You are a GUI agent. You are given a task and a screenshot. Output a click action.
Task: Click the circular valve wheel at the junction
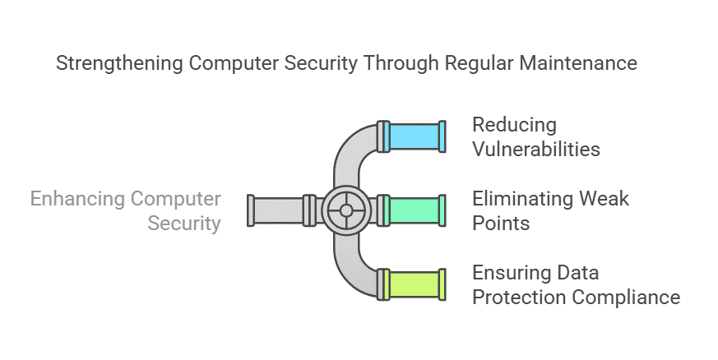coord(346,210)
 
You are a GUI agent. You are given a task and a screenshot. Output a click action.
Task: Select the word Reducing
coord(514,125)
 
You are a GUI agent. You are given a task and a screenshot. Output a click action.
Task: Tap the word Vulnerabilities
coord(535,150)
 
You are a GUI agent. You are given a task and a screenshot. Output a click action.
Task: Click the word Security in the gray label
coord(184,224)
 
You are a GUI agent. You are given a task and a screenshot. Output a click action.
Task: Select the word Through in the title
coord(408,63)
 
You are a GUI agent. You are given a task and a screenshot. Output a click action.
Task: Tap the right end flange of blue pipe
coord(442,136)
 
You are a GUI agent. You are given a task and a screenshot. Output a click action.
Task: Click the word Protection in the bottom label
coord(521,298)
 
